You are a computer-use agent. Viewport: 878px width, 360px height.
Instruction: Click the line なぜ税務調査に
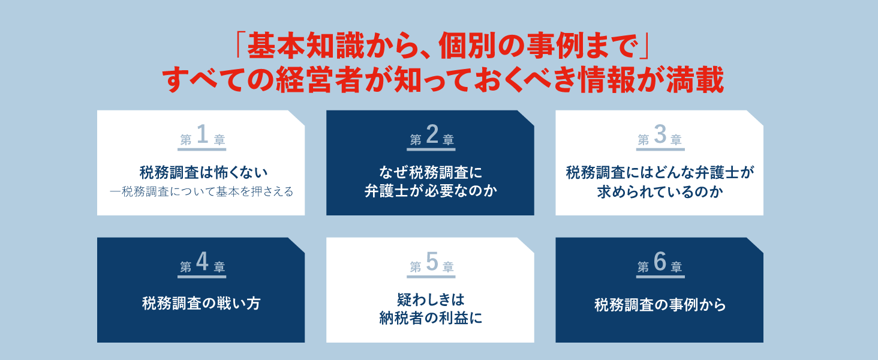[x=431, y=173]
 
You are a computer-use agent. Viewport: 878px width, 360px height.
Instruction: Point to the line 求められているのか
[x=660, y=192]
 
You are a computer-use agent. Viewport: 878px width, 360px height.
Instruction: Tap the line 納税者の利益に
[x=431, y=317]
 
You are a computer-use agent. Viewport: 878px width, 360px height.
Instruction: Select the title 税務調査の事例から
[x=660, y=305]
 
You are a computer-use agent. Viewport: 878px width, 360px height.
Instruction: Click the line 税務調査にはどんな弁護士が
[x=660, y=173]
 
